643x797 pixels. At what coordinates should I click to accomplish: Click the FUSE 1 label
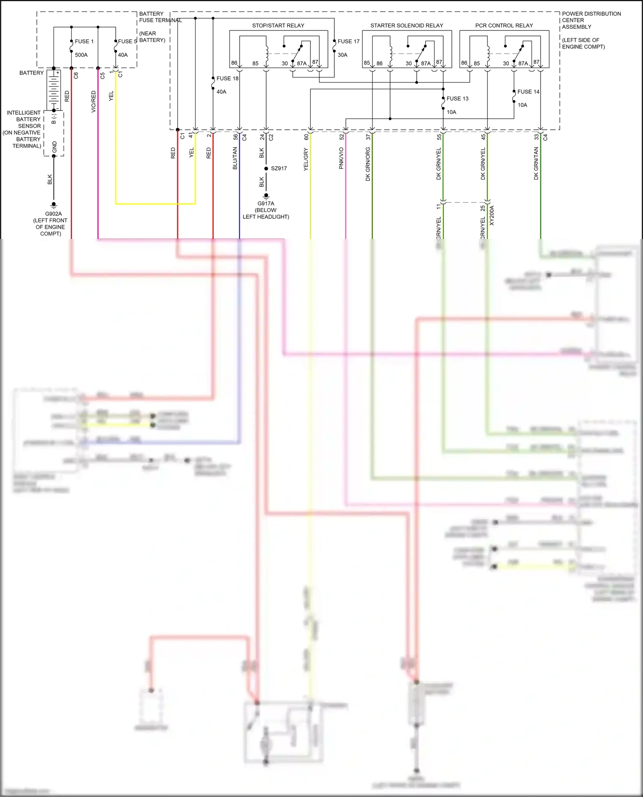pos(84,42)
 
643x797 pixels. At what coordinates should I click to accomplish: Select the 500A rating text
pos(81,55)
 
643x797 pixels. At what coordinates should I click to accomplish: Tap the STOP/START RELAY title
pos(278,26)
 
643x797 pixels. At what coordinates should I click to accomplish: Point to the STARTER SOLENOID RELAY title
pos(406,26)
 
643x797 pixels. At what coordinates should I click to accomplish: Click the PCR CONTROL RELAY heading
pos(504,26)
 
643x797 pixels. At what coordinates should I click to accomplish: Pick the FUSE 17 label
pos(348,42)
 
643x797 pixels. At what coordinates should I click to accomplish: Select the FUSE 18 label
pos(227,78)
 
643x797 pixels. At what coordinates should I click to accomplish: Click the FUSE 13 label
pos(457,99)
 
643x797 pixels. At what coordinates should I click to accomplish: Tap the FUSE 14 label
pos(528,92)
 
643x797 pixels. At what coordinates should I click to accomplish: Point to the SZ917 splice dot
pos(266,168)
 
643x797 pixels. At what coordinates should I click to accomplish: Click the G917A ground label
pos(266,204)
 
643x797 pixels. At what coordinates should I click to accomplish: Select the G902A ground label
pos(53,214)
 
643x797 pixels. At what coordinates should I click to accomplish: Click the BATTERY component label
pos(31,73)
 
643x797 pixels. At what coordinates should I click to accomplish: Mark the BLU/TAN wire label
pos(235,158)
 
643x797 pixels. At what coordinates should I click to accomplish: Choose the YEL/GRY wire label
pos(306,159)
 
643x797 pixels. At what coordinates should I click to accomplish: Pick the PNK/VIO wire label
pos(341,158)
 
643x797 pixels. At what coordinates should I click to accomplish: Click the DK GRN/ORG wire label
pos(368,164)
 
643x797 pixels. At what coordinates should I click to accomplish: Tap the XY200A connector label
pos(492,215)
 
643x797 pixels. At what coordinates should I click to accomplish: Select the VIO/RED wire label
pos(93,101)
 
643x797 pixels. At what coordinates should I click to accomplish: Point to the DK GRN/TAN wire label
pos(536,163)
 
